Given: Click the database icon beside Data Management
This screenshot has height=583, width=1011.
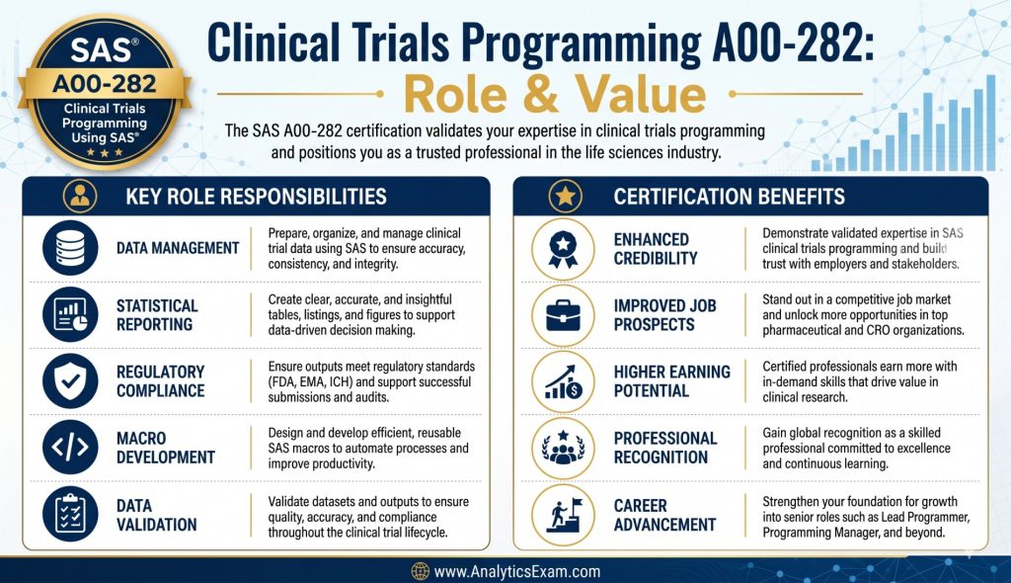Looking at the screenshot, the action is pos(70,248).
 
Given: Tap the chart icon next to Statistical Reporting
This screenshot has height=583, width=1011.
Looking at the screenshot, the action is pos(70,314).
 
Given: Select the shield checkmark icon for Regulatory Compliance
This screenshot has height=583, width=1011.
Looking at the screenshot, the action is pos(70,380).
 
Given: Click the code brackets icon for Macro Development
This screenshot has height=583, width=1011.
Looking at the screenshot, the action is pos(70,447).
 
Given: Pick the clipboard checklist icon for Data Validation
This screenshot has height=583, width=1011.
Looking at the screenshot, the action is pos(70,514).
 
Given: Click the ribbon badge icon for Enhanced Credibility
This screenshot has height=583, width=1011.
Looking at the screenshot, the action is pos(563,249).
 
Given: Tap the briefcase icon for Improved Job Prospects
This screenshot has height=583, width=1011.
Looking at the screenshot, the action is pos(563,315).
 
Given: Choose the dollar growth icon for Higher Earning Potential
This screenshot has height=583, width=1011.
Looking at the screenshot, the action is pos(563,381).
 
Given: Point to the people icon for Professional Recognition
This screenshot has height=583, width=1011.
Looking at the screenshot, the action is pos(563,448).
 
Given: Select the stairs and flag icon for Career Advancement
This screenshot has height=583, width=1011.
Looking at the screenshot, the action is pos(563,514).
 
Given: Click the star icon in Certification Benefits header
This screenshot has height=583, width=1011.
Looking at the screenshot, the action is pos(566,196).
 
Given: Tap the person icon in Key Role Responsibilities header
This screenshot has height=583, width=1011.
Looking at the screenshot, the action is pos(80,196).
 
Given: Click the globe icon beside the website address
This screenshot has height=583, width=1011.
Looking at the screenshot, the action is pos(421,571).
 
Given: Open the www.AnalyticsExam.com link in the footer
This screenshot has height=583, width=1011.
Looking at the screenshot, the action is pos(517,571).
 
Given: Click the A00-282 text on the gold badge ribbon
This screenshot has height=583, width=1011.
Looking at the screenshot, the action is pos(105,84).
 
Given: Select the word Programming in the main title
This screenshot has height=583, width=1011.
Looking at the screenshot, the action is pos(582,42).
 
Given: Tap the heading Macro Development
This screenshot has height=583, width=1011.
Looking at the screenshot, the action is pos(166,448).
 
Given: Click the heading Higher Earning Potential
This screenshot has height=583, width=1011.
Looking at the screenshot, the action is pos(671,380).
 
